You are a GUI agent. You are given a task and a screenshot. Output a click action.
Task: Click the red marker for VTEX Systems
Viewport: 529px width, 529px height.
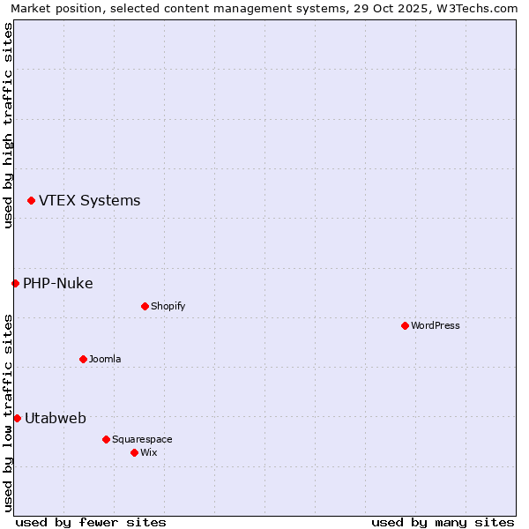(31, 201)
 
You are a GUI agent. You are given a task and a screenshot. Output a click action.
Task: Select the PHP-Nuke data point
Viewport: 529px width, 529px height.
(15, 283)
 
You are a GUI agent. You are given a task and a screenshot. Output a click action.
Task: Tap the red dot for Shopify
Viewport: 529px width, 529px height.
(145, 306)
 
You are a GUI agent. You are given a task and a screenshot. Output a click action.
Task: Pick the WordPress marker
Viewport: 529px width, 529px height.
(405, 325)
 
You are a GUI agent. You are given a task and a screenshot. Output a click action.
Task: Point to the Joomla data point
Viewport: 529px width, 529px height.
(83, 359)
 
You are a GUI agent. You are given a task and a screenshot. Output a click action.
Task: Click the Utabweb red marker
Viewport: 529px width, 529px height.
(17, 418)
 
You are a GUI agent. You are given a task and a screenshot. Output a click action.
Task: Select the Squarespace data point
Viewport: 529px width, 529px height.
(106, 439)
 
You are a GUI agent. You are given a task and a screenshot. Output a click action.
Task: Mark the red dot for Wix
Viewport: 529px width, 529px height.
(134, 452)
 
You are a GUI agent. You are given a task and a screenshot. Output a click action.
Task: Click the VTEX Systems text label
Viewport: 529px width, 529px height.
(89, 201)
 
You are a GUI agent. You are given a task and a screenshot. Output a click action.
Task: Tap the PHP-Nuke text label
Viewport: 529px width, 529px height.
(58, 283)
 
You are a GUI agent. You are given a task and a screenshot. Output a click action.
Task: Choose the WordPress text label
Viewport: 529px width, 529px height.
(436, 325)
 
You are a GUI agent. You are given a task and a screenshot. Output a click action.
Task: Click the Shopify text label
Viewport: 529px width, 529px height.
(168, 306)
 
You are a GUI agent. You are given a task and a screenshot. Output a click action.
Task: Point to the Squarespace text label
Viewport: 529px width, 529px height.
(142, 439)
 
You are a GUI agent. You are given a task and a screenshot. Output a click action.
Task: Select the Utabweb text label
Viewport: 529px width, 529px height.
(56, 418)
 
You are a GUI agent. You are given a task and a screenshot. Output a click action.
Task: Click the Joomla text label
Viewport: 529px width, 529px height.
(105, 359)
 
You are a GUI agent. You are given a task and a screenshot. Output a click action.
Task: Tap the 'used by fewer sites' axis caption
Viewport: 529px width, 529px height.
(91, 522)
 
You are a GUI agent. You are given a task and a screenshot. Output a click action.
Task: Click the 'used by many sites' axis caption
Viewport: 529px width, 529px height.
(443, 522)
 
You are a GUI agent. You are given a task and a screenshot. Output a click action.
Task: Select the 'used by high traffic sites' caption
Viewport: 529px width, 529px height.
(8, 125)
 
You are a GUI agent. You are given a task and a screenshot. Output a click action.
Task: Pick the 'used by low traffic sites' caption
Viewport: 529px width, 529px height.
(8, 413)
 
